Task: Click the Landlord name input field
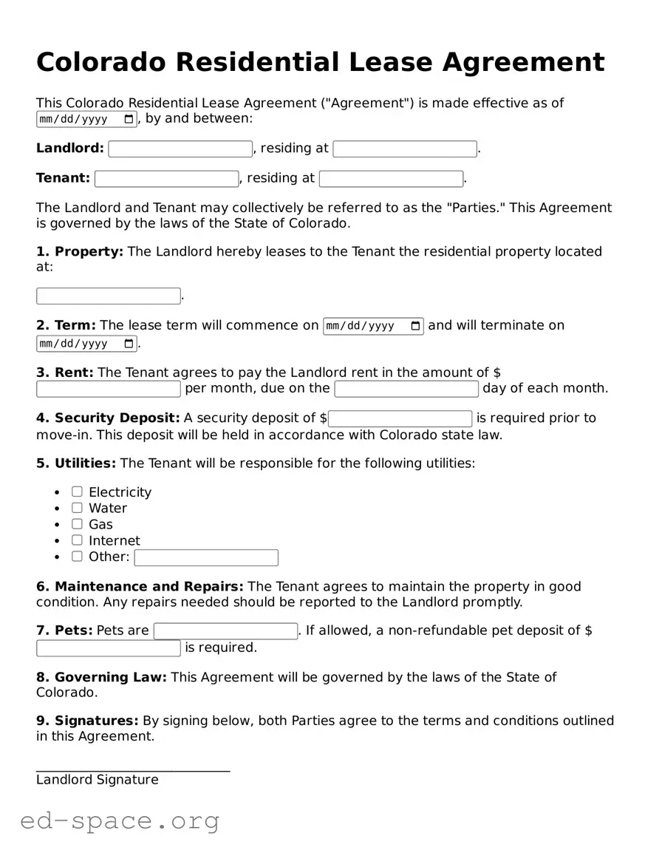180,149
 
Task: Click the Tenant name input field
167,179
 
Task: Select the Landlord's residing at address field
405,149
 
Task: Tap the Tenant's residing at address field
391,179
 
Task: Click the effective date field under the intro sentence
86,120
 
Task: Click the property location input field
109,296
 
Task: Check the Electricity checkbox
77,492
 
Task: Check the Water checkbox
77,508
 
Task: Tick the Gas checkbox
77,524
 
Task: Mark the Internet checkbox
77,540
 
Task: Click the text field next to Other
206,557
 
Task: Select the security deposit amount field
400,418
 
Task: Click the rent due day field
406,389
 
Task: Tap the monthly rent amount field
109,389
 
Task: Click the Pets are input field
225,631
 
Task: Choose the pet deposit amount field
109,648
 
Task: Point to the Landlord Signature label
97,780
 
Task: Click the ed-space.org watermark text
120,820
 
